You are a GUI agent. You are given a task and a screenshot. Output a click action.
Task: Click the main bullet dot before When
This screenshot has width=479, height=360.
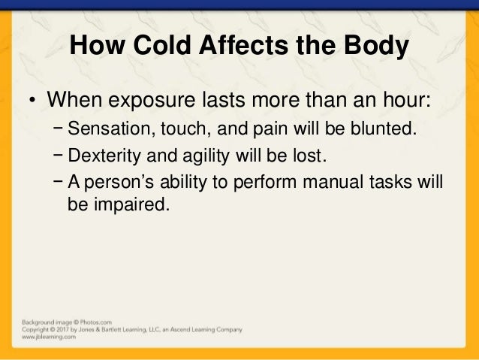click(34, 101)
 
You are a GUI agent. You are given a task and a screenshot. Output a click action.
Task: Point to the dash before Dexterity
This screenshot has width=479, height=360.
click(59, 156)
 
